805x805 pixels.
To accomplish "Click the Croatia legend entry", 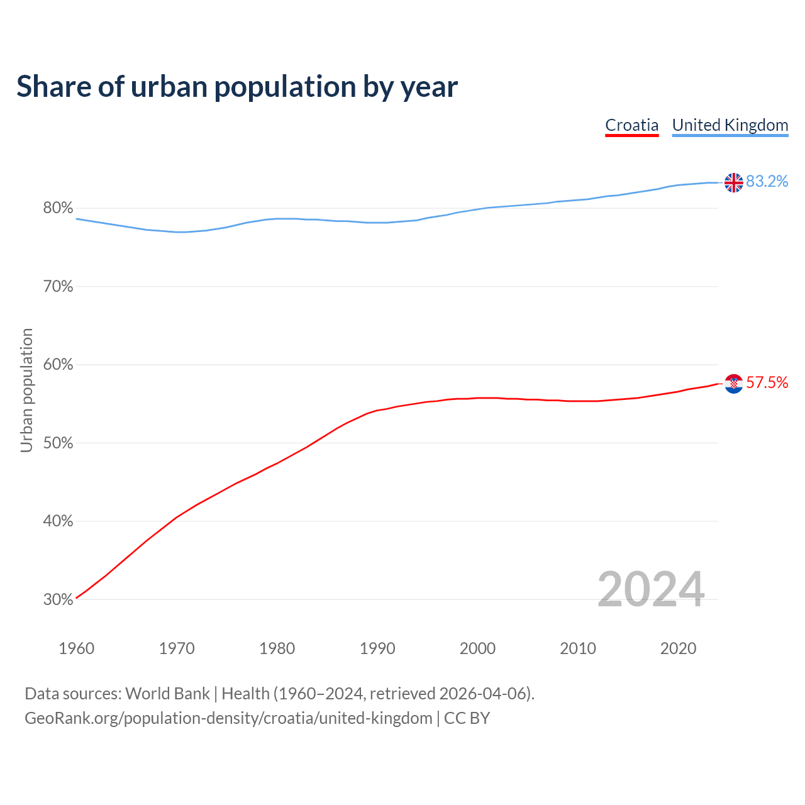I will coord(631,125).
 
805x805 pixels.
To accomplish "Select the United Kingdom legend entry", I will coord(730,125).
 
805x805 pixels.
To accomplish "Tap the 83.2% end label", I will coord(767,182).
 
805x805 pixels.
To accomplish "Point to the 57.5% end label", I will coord(767,383).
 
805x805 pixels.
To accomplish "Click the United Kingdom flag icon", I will coord(733,182).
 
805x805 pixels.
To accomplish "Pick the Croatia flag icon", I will coord(733,383).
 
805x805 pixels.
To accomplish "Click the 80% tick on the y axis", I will coord(58,208).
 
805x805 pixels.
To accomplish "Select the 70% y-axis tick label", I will coord(58,287).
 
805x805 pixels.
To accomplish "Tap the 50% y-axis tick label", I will coord(58,443).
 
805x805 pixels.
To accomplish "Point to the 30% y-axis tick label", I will coord(58,600).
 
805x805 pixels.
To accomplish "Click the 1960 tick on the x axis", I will coord(76,648).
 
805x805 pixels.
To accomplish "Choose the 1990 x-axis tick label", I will coord(377,648).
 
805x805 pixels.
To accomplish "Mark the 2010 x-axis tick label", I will coord(578,648).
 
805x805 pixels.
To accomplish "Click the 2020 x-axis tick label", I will coord(678,648).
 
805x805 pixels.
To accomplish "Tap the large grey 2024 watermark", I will coord(651,589).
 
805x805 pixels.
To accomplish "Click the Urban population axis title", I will coord(26,391).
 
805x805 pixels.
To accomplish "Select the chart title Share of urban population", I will coord(237,87).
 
